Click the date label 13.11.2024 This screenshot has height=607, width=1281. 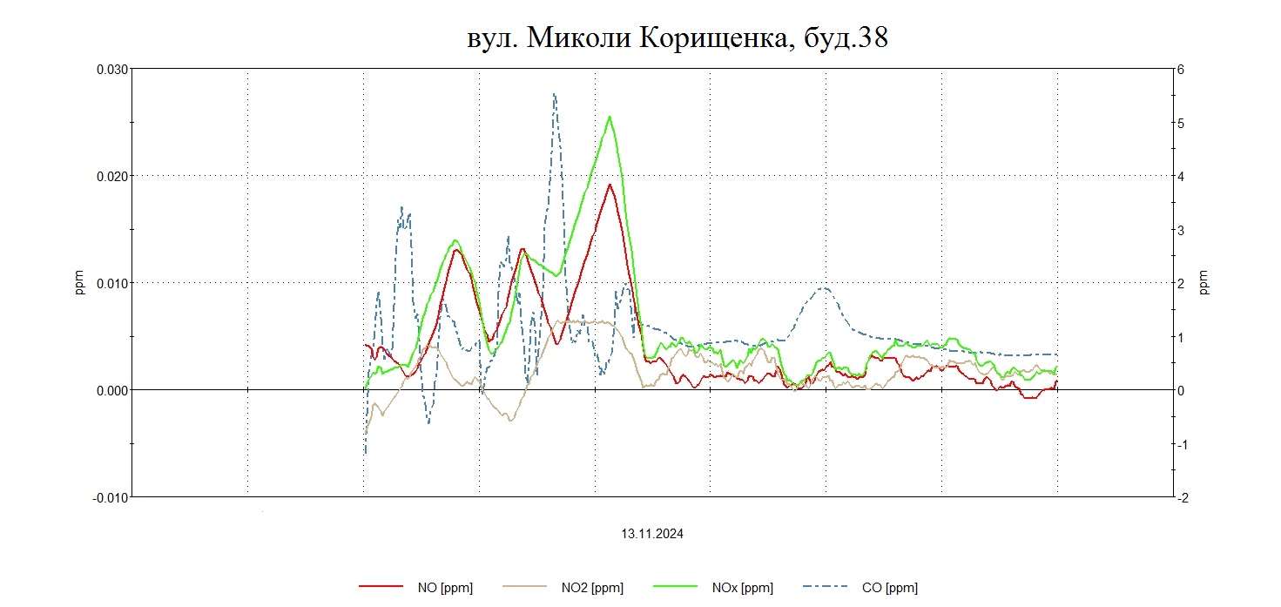[652, 535]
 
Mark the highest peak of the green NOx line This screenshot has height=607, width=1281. [610, 117]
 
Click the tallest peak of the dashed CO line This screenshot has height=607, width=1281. [554, 94]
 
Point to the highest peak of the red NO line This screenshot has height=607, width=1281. [610, 185]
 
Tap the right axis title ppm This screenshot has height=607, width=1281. [1204, 283]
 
